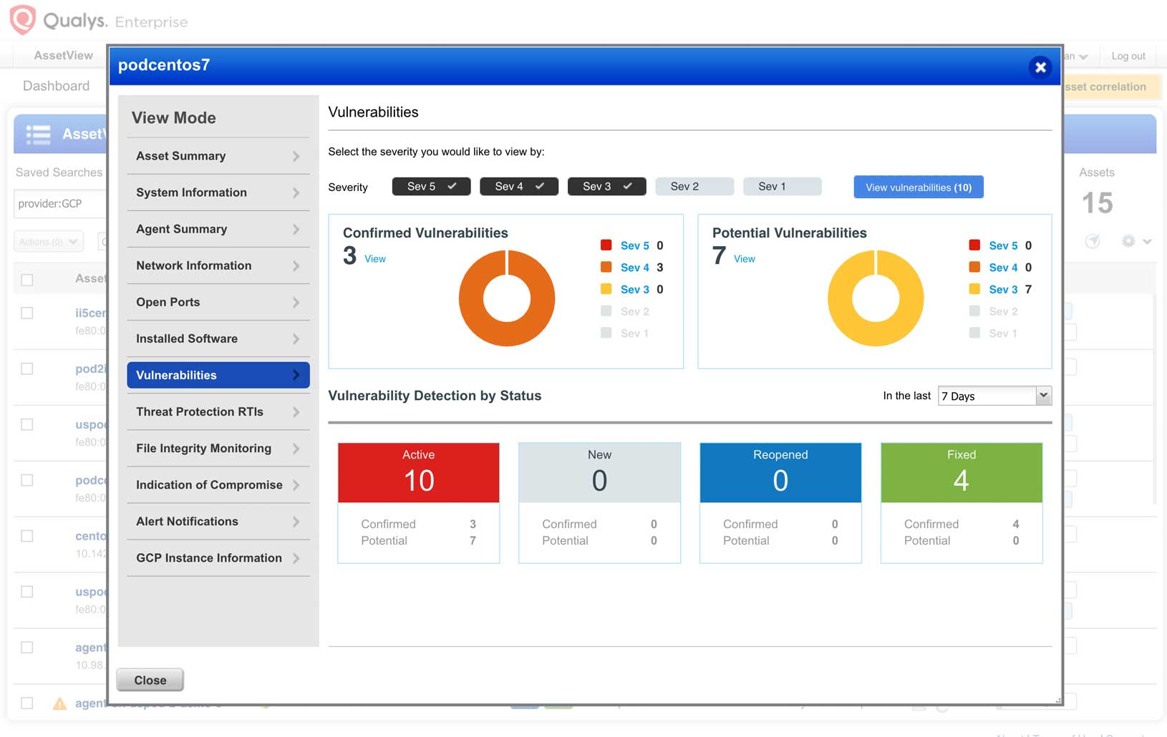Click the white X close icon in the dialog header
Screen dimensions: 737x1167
tap(1040, 67)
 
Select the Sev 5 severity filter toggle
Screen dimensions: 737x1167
tap(431, 187)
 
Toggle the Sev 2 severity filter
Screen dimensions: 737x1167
tap(694, 187)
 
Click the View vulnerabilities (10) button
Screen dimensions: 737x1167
tap(918, 187)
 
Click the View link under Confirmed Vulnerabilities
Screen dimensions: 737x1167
tap(374, 259)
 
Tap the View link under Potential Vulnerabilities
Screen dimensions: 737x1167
tap(744, 259)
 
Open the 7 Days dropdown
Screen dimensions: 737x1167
tap(994, 396)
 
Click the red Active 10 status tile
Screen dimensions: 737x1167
tap(418, 472)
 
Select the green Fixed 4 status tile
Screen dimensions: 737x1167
tap(961, 472)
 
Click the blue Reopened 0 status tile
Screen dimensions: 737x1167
tap(780, 472)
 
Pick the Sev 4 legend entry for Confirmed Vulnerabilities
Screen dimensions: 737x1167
tap(634, 268)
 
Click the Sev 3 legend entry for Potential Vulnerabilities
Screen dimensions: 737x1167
tap(1003, 290)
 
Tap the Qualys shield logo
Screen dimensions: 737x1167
tap(22, 19)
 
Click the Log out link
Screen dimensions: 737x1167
tap(1128, 56)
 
